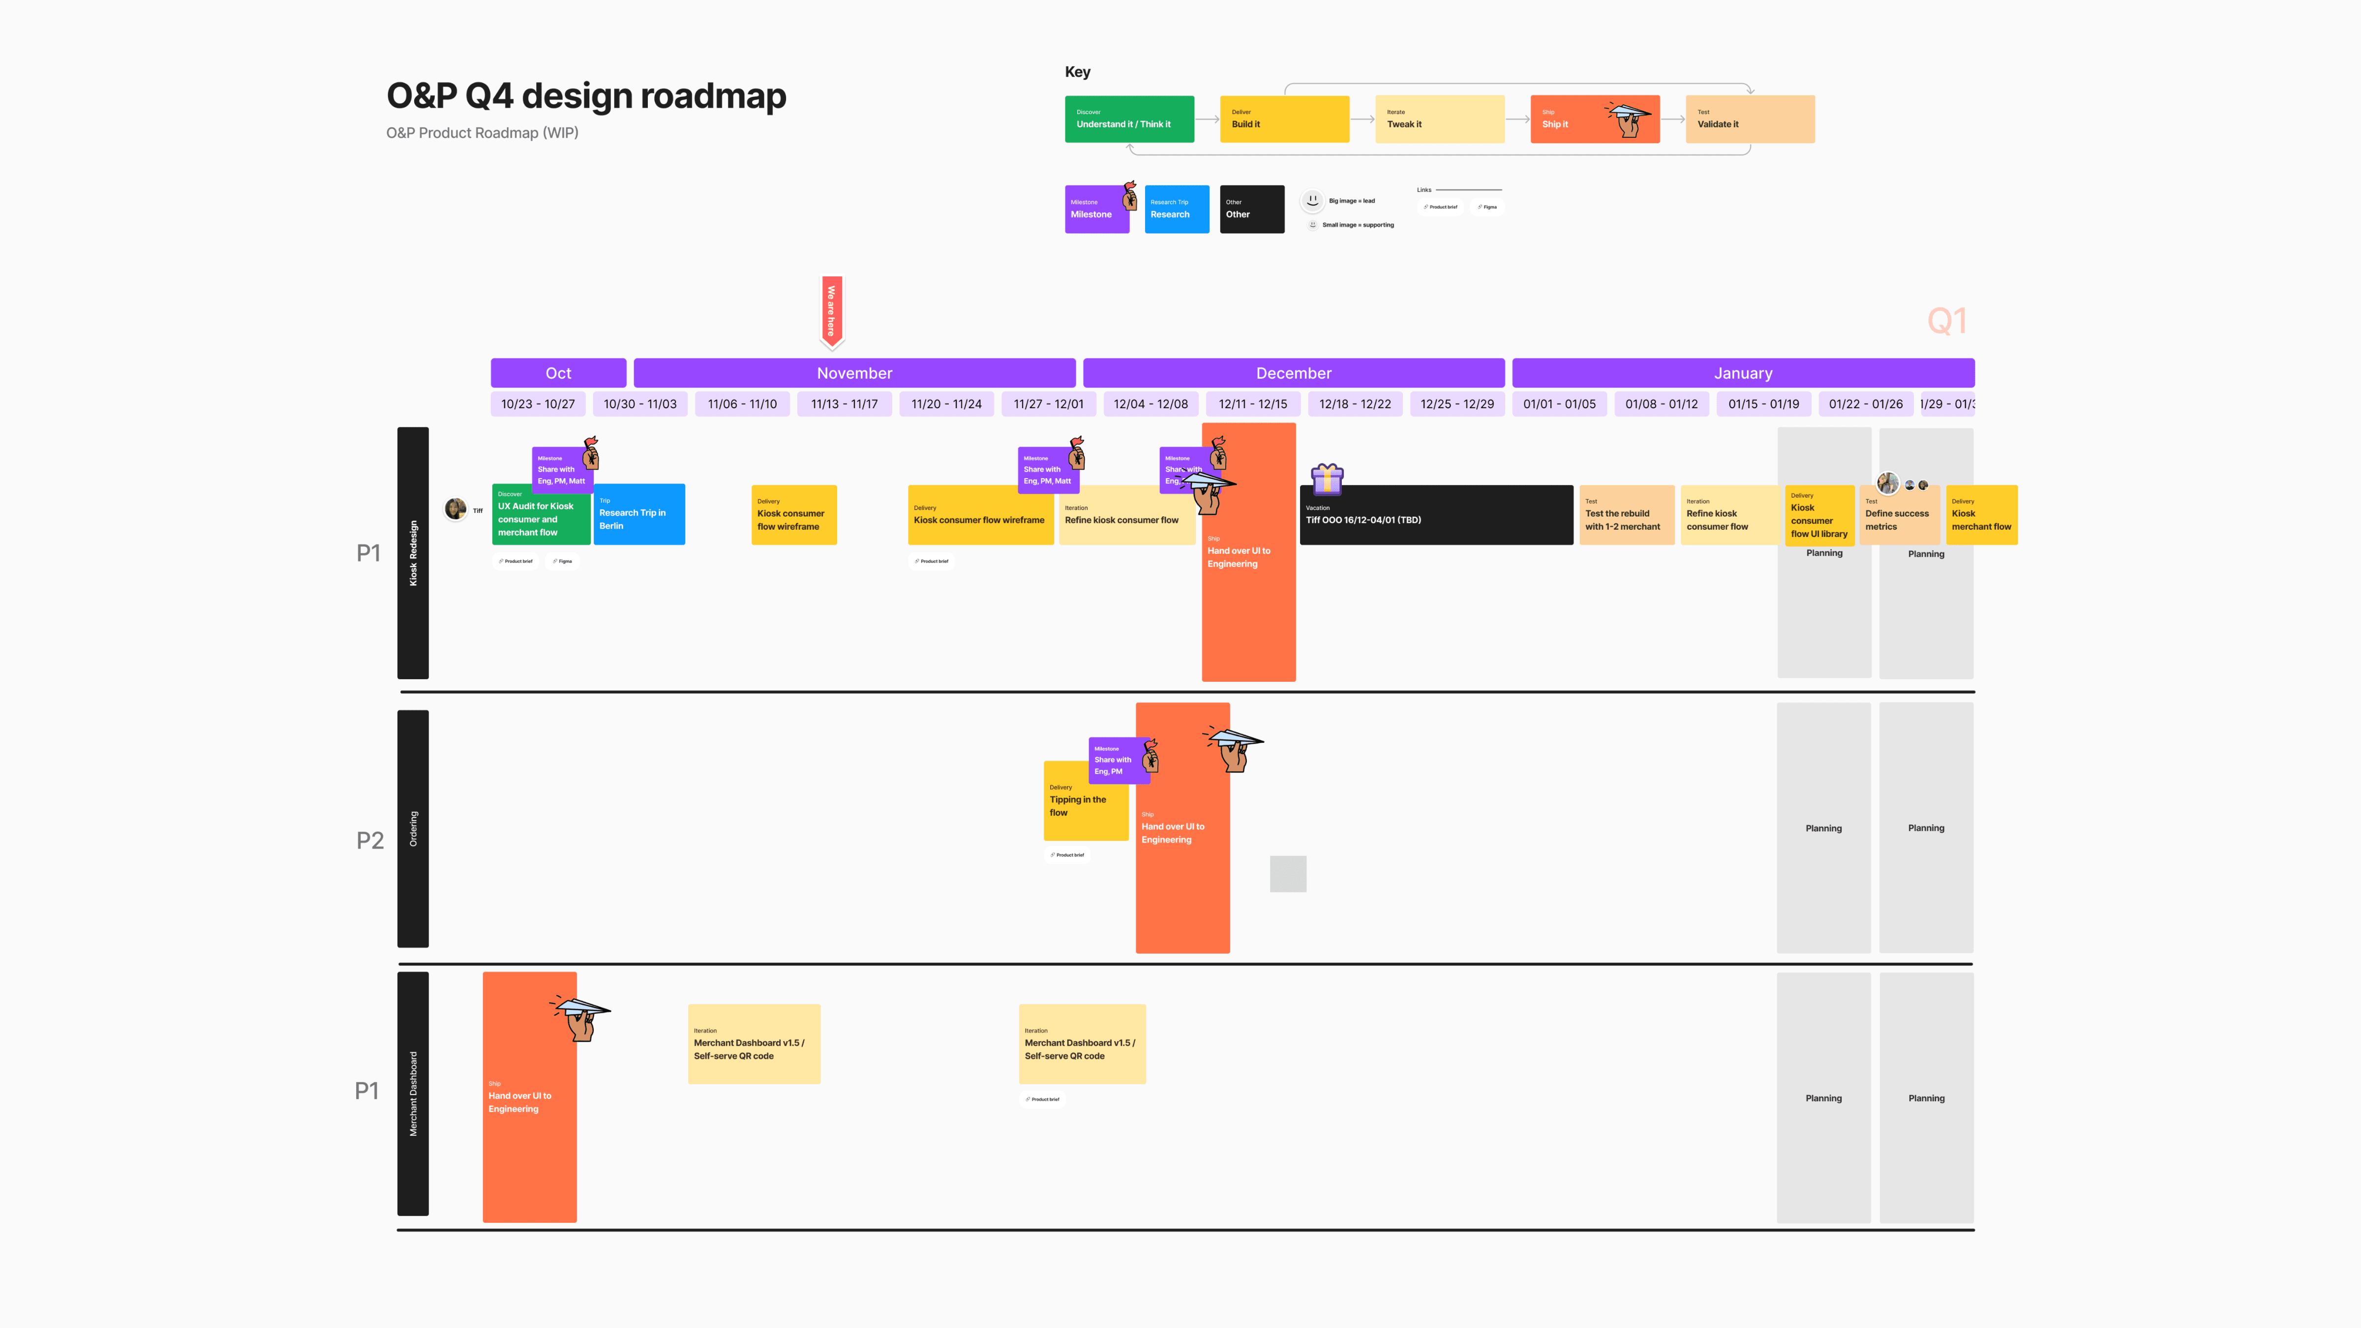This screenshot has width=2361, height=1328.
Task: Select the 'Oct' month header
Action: tap(558, 373)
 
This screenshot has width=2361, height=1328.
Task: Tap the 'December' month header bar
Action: tap(1293, 373)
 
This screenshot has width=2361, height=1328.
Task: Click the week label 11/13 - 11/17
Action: tap(844, 404)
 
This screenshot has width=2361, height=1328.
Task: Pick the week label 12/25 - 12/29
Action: tap(1456, 404)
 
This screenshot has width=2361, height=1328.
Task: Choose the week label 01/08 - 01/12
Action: tap(1661, 404)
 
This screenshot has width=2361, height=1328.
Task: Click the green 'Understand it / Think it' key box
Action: tap(1128, 119)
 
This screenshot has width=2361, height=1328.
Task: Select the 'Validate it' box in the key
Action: tap(1749, 119)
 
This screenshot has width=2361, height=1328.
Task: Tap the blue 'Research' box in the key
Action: tap(1176, 210)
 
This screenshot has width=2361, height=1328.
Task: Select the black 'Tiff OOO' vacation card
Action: tap(1435, 516)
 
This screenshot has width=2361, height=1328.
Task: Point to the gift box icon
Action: tap(1326, 479)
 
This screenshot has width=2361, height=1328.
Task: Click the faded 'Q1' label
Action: tap(1947, 321)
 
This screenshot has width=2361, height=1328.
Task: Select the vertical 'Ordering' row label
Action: tap(413, 828)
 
